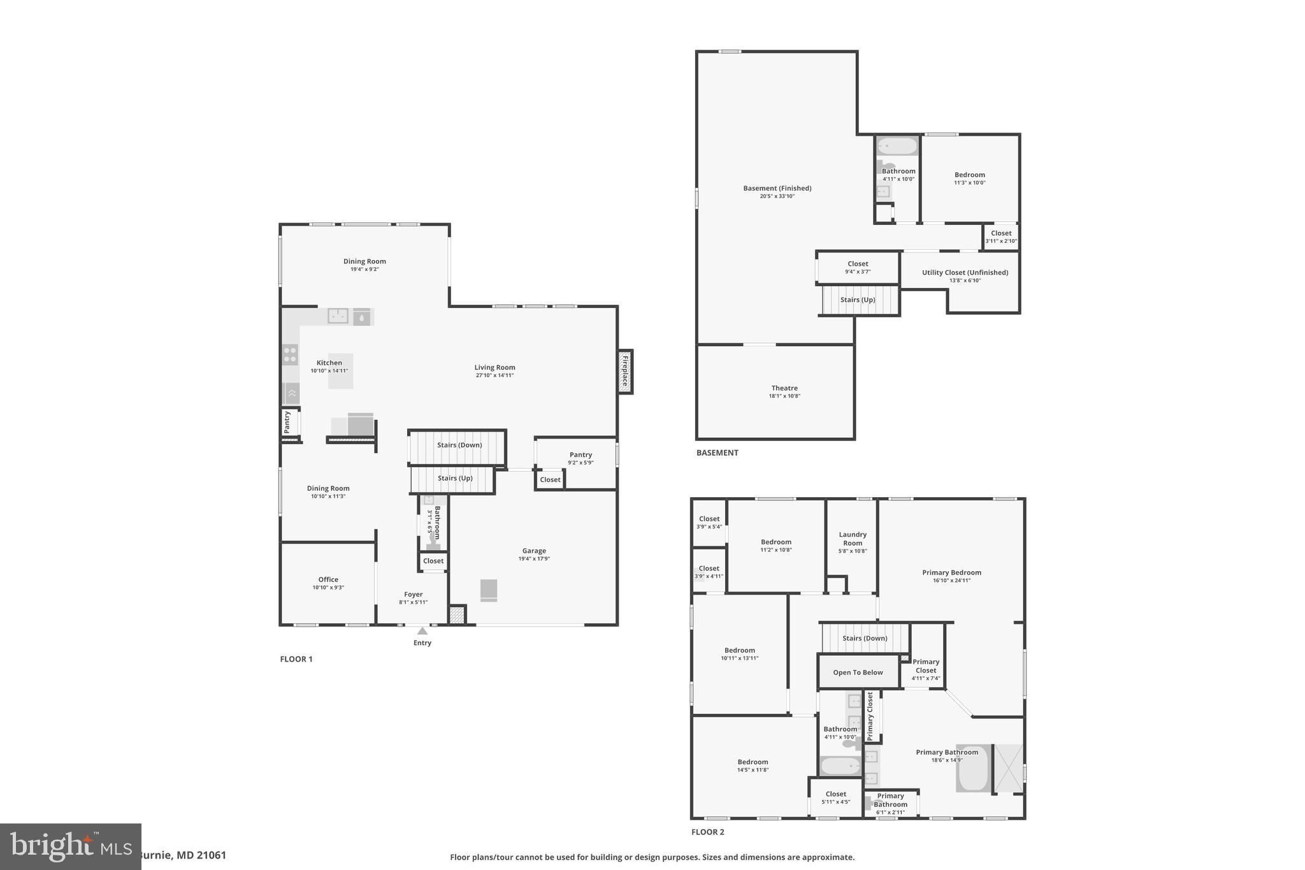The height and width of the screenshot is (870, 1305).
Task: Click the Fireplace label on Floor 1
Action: [x=625, y=372]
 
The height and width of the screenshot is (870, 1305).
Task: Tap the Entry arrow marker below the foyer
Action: [x=422, y=631]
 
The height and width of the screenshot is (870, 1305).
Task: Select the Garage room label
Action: [x=534, y=551]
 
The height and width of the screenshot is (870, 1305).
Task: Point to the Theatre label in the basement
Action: [x=784, y=388]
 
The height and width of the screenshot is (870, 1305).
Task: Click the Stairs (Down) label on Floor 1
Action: [x=459, y=445]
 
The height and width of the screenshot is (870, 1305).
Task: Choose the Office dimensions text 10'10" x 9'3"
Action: [x=328, y=588]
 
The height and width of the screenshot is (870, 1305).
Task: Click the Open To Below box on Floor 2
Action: [x=858, y=672]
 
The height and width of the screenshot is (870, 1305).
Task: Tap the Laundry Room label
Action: [x=853, y=539]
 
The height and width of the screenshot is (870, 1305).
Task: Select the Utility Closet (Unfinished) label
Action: [x=965, y=273]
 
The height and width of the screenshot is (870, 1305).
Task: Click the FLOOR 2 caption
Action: [x=708, y=832]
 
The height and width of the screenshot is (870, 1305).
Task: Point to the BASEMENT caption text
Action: [x=717, y=453]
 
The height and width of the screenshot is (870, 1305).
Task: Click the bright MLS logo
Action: [x=70, y=846]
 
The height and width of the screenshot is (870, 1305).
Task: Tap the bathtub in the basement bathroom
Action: [x=897, y=146]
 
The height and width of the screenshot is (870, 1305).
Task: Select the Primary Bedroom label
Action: [x=951, y=572]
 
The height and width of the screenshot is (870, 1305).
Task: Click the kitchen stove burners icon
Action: [x=291, y=354]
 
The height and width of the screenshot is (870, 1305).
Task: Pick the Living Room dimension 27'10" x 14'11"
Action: [x=494, y=375]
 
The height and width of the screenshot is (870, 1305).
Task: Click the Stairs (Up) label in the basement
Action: [x=858, y=300]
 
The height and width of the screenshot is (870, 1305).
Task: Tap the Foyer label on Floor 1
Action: [x=413, y=594]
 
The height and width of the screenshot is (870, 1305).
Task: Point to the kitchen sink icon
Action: [x=338, y=315]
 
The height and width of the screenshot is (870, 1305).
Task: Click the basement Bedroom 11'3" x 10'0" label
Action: [x=969, y=175]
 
